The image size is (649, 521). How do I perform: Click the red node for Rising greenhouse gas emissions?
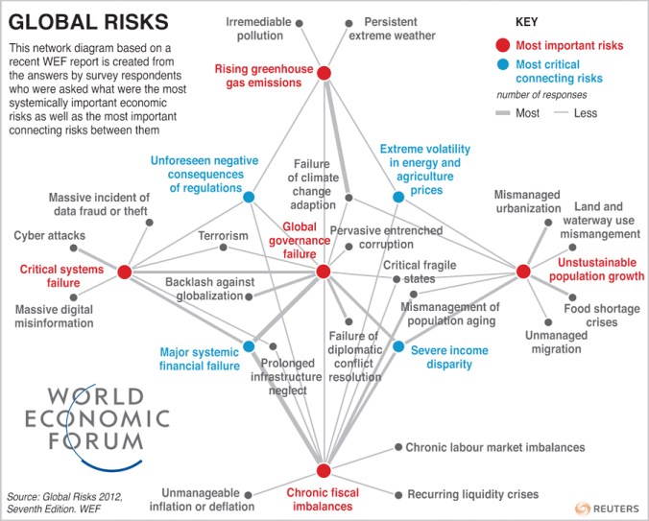(x=324, y=73)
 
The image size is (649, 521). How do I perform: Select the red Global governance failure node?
(x=324, y=272)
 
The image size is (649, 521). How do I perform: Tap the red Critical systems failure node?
(x=124, y=272)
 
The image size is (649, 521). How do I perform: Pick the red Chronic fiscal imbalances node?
(x=324, y=470)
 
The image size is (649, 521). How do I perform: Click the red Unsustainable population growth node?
(x=523, y=272)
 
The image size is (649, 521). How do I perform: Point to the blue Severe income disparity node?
(x=399, y=345)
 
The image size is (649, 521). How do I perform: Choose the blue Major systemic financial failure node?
(x=249, y=345)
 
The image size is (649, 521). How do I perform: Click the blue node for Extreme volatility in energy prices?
(x=399, y=197)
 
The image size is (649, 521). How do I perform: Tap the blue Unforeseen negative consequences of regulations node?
(x=249, y=197)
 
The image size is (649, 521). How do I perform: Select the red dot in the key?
(x=501, y=46)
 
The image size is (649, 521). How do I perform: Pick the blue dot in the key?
(x=501, y=65)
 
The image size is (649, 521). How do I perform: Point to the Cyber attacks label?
(x=50, y=235)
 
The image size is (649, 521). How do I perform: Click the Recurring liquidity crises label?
(x=472, y=494)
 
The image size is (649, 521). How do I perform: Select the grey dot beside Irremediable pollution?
(x=300, y=21)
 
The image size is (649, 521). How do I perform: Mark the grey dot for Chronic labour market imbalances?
(x=397, y=447)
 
